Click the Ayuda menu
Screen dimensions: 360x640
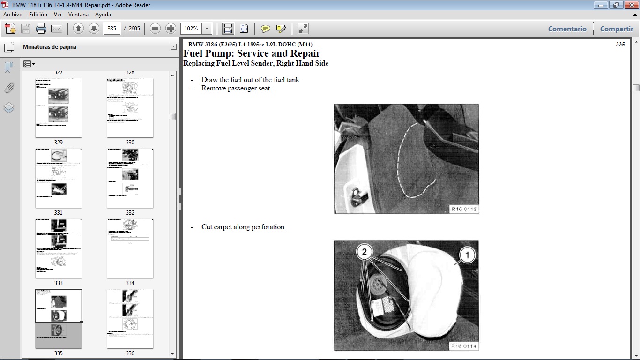(x=103, y=15)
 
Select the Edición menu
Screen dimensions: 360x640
(x=38, y=15)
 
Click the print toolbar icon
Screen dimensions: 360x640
(x=41, y=29)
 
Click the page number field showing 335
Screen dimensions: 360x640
(x=112, y=29)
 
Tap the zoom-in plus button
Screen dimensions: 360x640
(x=171, y=29)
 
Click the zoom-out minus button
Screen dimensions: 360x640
(x=156, y=29)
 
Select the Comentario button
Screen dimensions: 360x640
(x=567, y=29)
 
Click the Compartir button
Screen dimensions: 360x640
(x=617, y=29)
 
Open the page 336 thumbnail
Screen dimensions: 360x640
(x=130, y=319)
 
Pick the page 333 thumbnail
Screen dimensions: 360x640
(x=59, y=248)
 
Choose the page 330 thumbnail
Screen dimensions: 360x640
(x=130, y=108)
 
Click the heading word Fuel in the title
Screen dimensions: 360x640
(x=193, y=53)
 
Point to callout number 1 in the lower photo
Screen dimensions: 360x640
(x=467, y=255)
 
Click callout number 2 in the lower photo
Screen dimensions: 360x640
(x=364, y=252)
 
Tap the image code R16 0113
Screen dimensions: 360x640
(x=464, y=209)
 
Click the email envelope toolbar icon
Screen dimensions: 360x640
(x=57, y=29)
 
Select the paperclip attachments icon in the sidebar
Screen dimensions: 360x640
(x=9, y=88)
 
